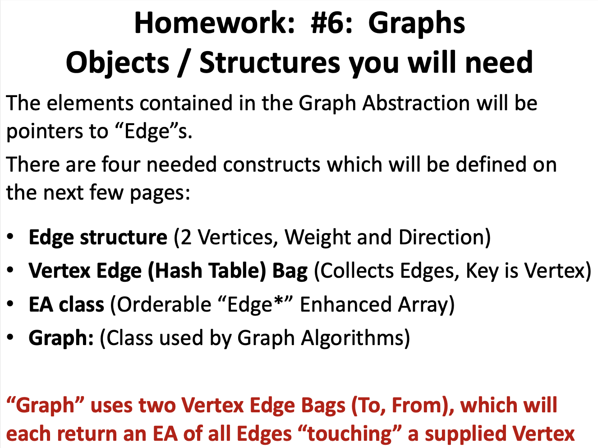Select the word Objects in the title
point(117,62)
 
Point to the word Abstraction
point(416,103)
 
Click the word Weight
point(317,237)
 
